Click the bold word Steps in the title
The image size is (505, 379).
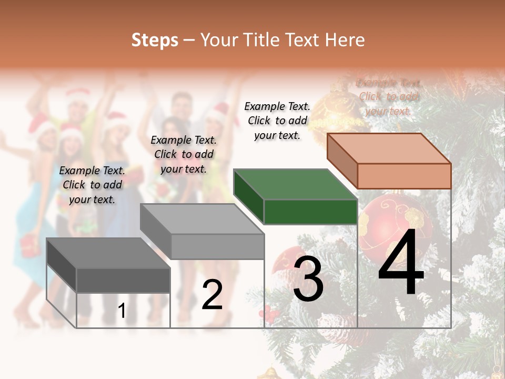point(155,40)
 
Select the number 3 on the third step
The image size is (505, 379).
point(308,279)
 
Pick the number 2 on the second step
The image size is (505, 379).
point(212,295)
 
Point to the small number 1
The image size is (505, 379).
point(122,311)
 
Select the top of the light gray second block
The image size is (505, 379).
point(202,219)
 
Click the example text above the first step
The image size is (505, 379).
point(92,185)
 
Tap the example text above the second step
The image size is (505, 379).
point(184,154)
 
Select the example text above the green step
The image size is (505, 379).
point(277,121)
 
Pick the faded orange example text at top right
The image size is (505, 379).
point(388,97)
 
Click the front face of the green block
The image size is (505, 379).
point(310,212)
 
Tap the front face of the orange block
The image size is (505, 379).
point(404,176)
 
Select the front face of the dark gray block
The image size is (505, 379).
point(123,280)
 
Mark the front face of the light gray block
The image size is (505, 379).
point(217,246)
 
